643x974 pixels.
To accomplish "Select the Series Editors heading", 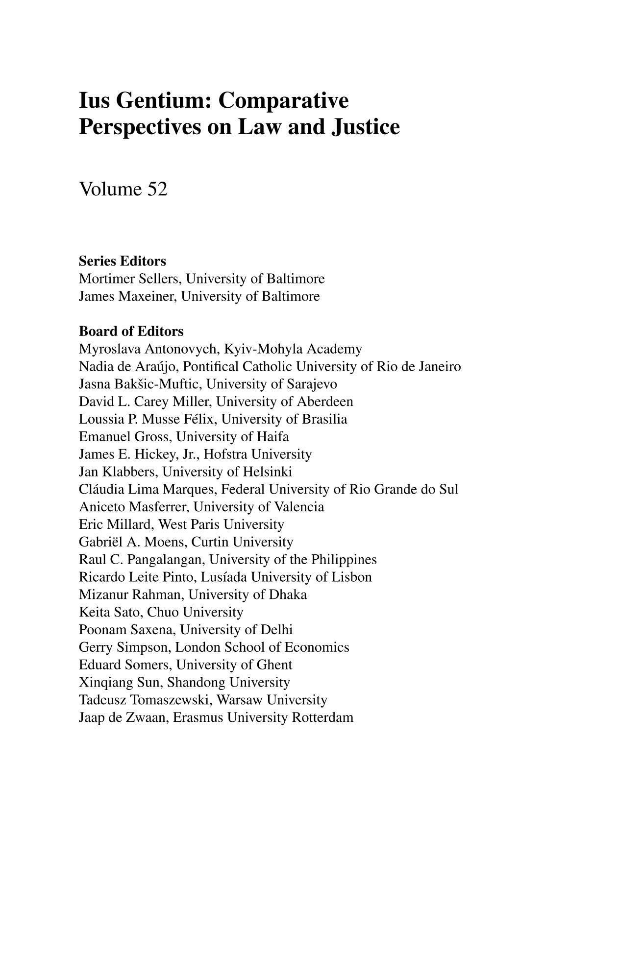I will point(122,261).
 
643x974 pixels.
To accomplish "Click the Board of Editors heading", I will point(131,332).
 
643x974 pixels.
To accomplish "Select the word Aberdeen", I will point(325,402).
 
